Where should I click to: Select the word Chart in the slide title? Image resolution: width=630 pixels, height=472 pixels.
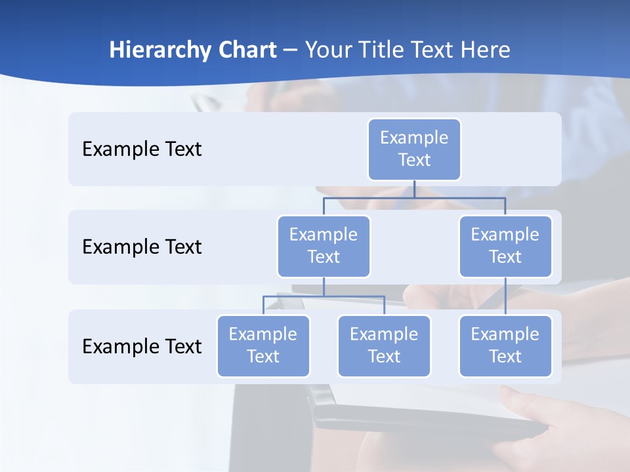(x=247, y=50)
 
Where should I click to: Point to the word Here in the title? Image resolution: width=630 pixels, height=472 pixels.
(x=484, y=50)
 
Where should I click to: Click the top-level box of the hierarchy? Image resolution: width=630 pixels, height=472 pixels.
(x=414, y=149)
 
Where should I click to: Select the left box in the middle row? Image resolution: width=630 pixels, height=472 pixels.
(x=324, y=246)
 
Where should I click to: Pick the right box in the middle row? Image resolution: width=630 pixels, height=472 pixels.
(x=505, y=246)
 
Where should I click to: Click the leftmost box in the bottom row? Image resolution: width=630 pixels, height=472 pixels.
(x=263, y=345)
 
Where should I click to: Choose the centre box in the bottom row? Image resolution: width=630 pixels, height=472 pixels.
(x=384, y=345)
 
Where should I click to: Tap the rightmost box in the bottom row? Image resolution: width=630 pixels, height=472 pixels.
(x=505, y=345)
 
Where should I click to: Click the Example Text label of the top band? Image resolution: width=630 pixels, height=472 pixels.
(x=142, y=149)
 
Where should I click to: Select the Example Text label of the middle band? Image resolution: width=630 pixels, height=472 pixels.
(x=142, y=247)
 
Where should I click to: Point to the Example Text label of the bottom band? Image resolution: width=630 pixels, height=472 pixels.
(x=142, y=346)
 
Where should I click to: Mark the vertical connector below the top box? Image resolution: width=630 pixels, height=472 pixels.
(x=414, y=189)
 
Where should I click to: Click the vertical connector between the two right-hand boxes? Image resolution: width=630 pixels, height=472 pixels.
(x=505, y=296)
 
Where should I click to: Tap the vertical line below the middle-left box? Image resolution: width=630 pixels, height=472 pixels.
(x=324, y=286)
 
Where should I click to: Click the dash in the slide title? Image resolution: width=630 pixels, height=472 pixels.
(x=291, y=50)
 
